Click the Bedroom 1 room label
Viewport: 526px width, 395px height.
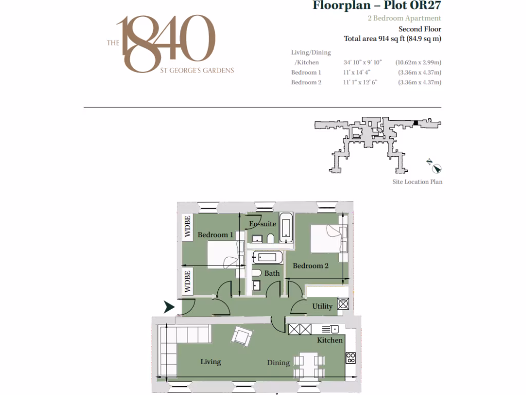[216, 235]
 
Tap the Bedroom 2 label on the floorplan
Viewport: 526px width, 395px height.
[310, 266]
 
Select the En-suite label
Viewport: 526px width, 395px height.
[262, 224]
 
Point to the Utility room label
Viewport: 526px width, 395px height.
[323, 307]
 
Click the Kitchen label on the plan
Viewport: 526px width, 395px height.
[330, 340]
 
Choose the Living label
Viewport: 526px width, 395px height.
[211, 362]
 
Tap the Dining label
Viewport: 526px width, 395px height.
[278, 363]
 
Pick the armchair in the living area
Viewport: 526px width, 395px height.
[241, 337]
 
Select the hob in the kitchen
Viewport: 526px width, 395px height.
[351, 357]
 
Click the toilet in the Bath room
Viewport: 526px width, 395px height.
[257, 273]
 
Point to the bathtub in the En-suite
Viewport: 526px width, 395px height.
[287, 227]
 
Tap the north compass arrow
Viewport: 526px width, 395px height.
[437, 168]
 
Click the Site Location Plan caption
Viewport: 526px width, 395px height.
[417, 182]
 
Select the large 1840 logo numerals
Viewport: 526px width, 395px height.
[164, 44]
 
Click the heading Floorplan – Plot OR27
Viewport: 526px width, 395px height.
[377, 6]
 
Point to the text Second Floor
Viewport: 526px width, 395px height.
[420, 29]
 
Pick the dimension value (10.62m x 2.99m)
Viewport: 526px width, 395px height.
[418, 63]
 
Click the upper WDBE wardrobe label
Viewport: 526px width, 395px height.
[188, 227]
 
